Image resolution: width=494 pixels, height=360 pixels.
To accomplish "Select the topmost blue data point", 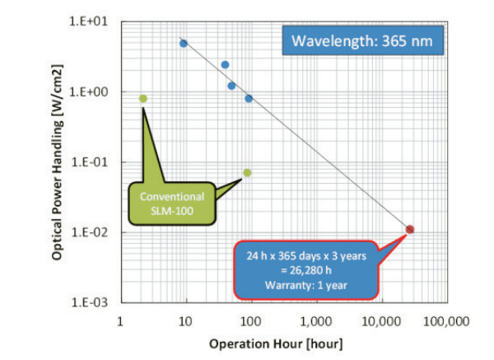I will coord(184,44).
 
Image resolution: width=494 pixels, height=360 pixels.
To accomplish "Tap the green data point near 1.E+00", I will coord(143,98).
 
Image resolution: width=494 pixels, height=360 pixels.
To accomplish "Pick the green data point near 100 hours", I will coord(247,173).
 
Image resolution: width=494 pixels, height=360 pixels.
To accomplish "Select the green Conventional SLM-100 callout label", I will coord(172,203).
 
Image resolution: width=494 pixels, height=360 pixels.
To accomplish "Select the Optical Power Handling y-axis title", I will coord(58,161).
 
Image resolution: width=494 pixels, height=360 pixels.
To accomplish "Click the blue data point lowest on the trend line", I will coord(249,99).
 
